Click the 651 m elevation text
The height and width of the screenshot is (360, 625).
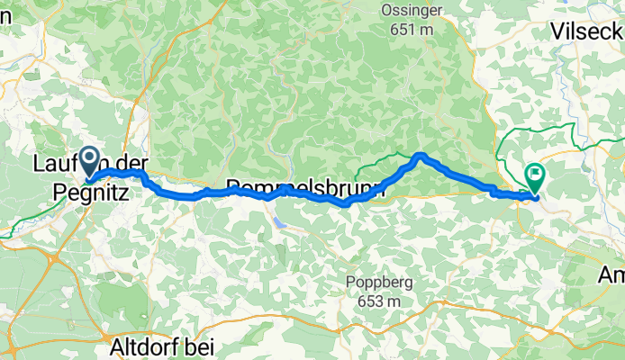tap(412, 30)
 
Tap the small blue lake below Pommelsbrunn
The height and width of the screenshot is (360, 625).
tap(280, 218)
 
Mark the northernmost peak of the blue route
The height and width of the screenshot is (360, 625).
tap(420, 157)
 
